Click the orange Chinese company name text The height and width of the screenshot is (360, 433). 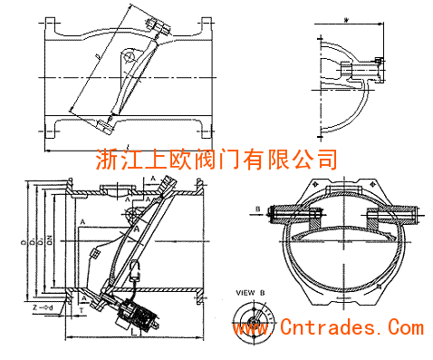coord(216,159)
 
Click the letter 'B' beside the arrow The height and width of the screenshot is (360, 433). coord(257,208)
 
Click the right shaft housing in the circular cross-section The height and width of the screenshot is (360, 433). coord(390,216)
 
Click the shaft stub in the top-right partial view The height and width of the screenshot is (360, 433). coord(374,66)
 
